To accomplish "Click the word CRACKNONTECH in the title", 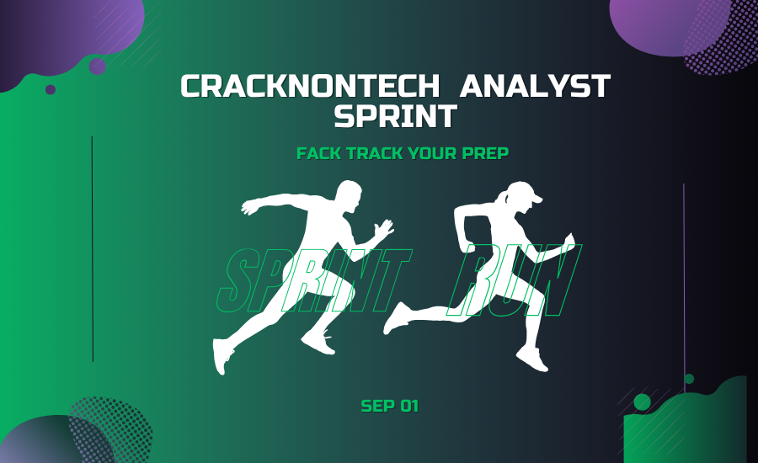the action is point(310,86).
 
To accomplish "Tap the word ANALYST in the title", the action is point(535,86).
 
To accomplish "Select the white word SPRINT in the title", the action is point(396,116).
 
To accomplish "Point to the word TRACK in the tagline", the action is point(375,153).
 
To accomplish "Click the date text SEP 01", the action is point(390,406).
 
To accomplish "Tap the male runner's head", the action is point(349,196).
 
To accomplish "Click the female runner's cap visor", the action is point(535,198).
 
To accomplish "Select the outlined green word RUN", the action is point(514,280).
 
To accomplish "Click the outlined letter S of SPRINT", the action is point(237,280).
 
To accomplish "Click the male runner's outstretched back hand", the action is point(249,208).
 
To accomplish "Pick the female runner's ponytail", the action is point(503,197).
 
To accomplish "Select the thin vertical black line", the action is point(93,249).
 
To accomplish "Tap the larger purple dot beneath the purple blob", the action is point(97,67).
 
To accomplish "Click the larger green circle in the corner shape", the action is point(642,402).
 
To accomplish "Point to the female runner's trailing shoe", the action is point(396,318).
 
